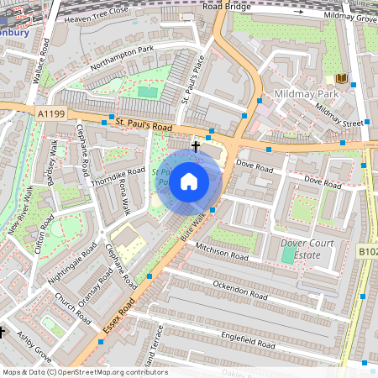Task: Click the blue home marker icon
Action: coord(189,181)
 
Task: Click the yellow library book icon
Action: coord(341,78)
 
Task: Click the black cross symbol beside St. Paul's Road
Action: coord(196,146)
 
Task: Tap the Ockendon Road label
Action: coord(239,290)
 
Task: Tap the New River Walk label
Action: coord(24,218)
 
